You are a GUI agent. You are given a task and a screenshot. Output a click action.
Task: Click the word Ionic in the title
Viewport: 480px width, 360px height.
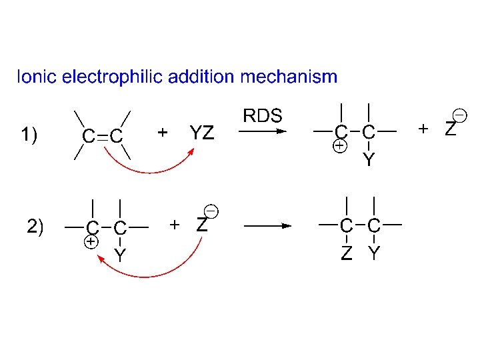point(37,77)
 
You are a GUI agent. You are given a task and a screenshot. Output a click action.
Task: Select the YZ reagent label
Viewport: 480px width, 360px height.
point(202,133)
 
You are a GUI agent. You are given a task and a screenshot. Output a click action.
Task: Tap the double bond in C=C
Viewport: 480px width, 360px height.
point(102,137)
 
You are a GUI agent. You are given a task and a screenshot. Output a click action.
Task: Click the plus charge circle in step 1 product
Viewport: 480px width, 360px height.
point(340,146)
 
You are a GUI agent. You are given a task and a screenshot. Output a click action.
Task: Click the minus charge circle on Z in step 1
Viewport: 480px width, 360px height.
point(459,115)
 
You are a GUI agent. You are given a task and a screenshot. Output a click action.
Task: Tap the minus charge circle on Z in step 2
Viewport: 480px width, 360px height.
point(210,211)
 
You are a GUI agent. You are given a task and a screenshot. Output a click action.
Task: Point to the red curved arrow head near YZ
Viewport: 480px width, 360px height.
point(191,151)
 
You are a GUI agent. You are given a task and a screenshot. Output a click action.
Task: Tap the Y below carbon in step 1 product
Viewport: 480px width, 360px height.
point(369,159)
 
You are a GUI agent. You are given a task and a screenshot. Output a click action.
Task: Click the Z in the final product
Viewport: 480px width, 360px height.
point(346,253)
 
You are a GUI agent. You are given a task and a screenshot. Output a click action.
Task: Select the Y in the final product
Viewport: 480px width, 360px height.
point(374,253)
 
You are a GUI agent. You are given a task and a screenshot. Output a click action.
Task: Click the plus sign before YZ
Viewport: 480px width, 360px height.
point(162,133)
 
